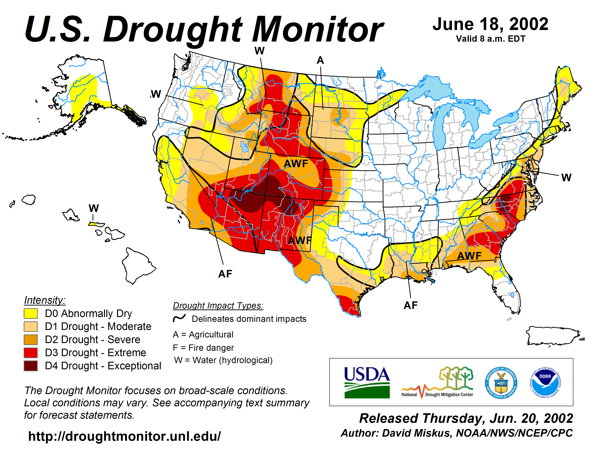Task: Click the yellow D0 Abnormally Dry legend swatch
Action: pyautogui.click(x=31, y=313)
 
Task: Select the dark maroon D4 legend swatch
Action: pyautogui.click(x=31, y=366)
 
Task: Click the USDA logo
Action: pyautogui.click(x=367, y=382)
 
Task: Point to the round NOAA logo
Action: pyautogui.click(x=545, y=383)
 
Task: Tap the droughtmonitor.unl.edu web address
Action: pyautogui.click(x=124, y=436)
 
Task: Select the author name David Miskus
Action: pyautogui.click(x=417, y=433)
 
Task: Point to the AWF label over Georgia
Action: pyautogui.click(x=469, y=256)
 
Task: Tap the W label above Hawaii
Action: pyautogui.click(x=93, y=208)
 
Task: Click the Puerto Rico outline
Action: pyautogui.click(x=553, y=336)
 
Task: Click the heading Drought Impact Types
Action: pyautogui.click(x=218, y=306)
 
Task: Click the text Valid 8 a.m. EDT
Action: pyautogui.click(x=490, y=39)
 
